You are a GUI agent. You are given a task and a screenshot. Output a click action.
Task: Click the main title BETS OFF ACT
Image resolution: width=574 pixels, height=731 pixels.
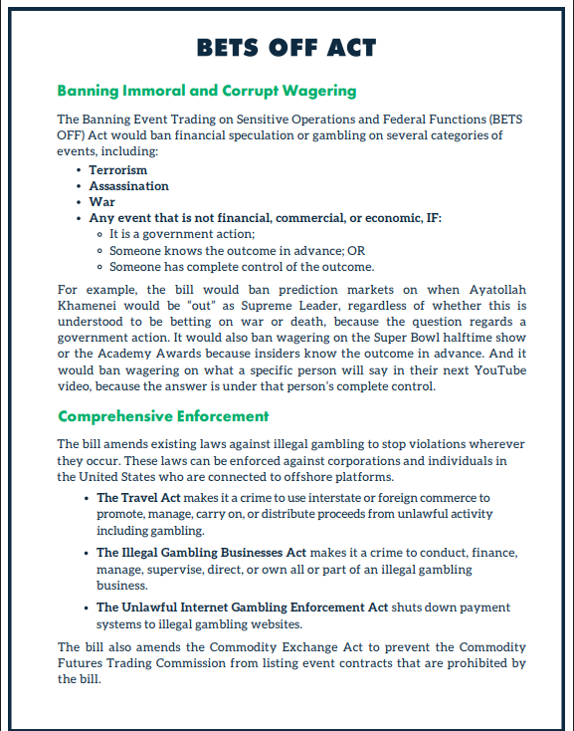point(287,47)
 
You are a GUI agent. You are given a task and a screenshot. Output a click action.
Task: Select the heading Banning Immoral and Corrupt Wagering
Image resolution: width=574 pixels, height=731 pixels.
point(206,91)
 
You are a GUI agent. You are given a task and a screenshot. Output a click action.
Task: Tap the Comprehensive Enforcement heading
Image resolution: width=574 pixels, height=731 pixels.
point(163,415)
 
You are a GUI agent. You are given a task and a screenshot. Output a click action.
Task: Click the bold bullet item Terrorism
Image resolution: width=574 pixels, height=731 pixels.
point(117,170)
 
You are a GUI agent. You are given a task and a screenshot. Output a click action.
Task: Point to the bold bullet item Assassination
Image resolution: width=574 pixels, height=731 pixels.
point(128,185)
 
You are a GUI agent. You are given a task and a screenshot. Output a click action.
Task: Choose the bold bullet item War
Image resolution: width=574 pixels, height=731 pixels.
point(101,201)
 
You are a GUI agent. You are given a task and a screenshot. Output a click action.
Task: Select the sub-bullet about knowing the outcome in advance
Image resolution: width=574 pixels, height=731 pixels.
point(237,251)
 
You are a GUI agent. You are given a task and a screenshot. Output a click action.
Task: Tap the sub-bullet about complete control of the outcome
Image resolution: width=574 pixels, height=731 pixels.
point(242,267)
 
